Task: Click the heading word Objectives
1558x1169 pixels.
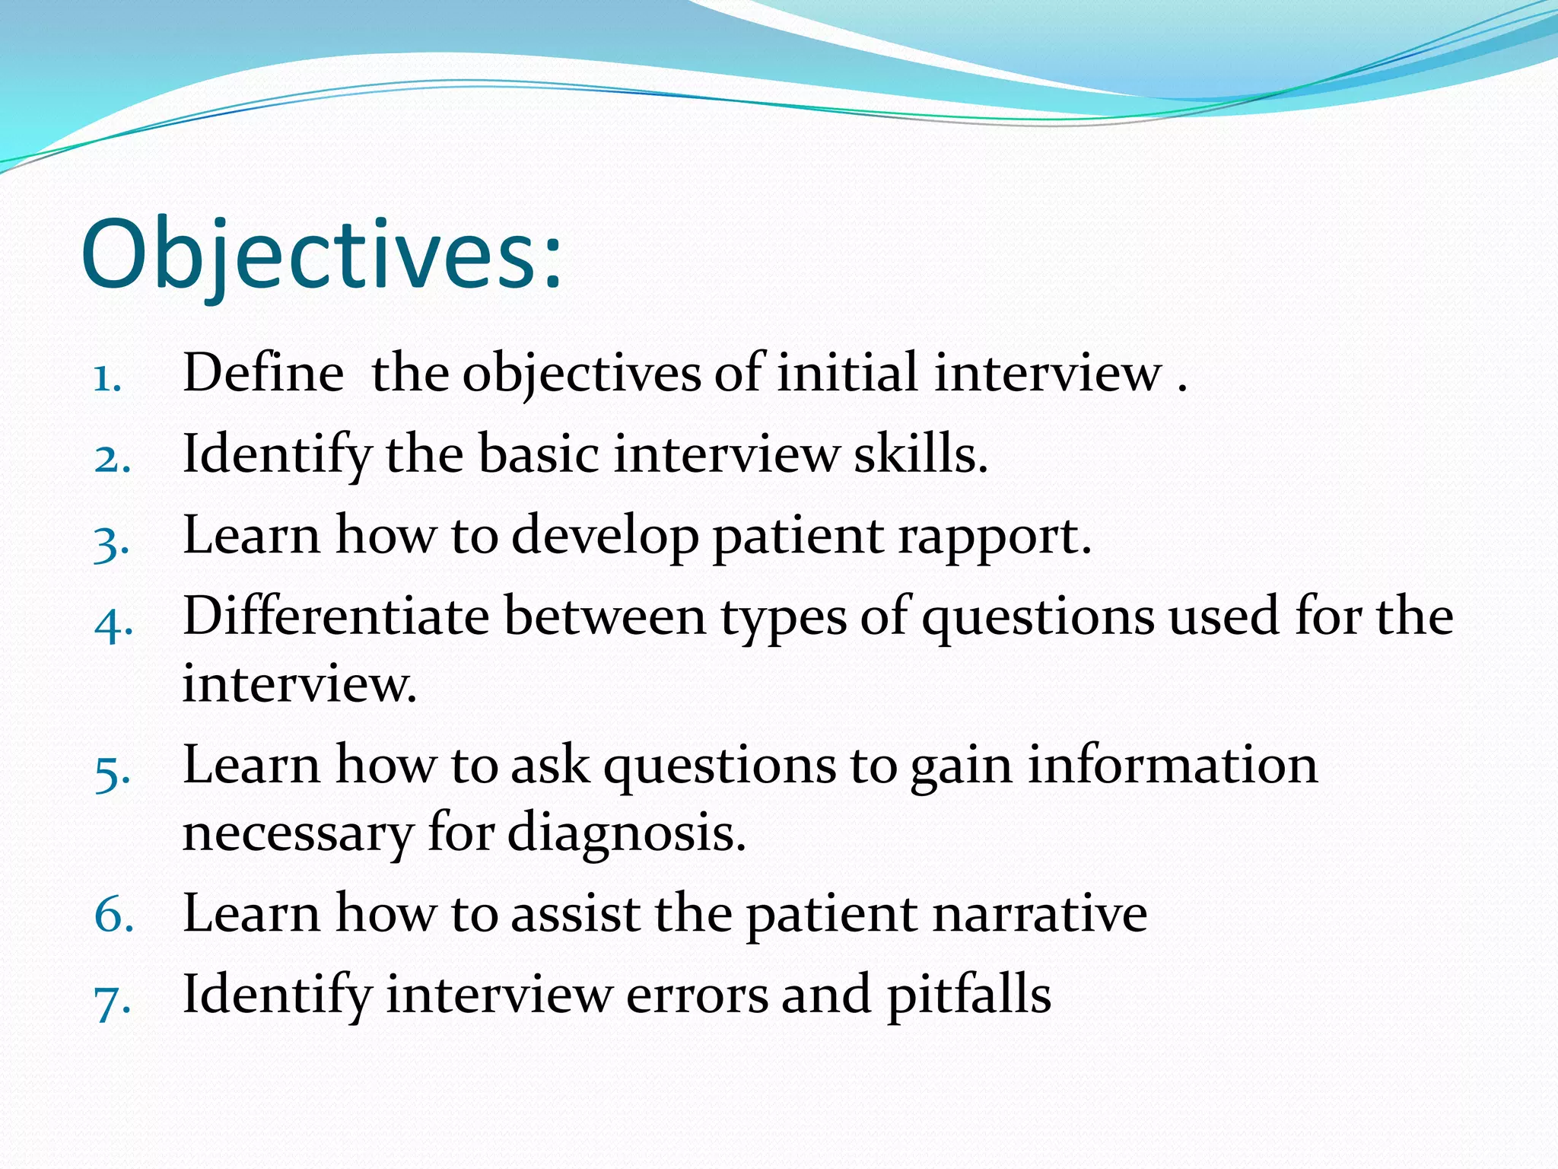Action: [320, 255]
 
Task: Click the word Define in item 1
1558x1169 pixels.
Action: [263, 373]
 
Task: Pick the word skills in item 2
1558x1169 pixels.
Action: [920, 454]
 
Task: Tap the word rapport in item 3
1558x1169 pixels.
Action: [994, 537]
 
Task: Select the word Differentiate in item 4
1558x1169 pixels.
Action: [335, 616]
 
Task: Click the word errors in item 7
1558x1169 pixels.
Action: [697, 995]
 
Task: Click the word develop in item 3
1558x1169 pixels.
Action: [605, 537]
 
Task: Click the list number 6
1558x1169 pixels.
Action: [113, 916]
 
